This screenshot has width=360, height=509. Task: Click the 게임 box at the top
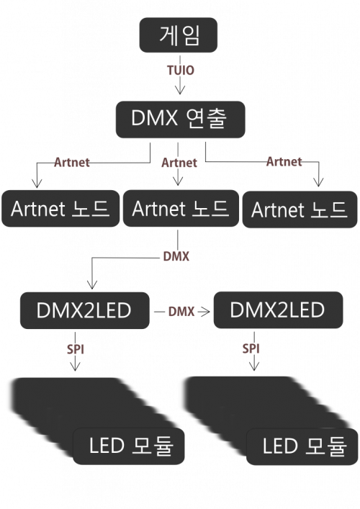(x=179, y=35)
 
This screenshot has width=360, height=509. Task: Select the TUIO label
(x=181, y=70)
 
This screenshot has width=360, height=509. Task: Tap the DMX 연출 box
(x=181, y=119)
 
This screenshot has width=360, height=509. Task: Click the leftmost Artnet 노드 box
(x=60, y=208)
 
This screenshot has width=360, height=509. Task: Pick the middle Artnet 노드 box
(x=181, y=208)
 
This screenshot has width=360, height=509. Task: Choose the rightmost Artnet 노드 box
(x=300, y=210)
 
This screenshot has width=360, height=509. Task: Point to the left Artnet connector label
(x=72, y=162)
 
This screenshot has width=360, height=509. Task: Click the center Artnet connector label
(x=179, y=163)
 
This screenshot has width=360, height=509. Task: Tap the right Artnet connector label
(x=284, y=161)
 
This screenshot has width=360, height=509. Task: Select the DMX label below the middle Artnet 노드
(x=176, y=256)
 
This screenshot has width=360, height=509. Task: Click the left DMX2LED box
(x=85, y=310)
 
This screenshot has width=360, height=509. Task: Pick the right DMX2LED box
(x=278, y=310)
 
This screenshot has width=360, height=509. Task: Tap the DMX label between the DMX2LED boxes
(x=181, y=312)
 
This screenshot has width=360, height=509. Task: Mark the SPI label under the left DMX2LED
(x=76, y=349)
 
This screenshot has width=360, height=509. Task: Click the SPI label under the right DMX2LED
(x=251, y=348)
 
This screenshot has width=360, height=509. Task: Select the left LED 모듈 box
(x=129, y=446)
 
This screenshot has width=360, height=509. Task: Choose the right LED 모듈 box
(x=302, y=446)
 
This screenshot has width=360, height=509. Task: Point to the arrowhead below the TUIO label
(x=180, y=90)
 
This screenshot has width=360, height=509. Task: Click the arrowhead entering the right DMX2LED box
(x=204, y=312)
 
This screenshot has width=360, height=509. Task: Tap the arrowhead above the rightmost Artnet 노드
(x=318, y=182)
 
